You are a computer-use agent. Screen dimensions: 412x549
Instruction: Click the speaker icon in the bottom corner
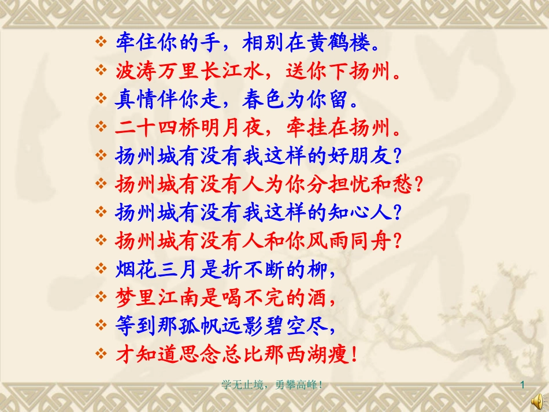coord(536,399)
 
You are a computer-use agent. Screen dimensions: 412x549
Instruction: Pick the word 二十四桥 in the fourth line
coord(148,128)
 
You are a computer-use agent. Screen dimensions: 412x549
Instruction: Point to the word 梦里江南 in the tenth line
coord(148,298)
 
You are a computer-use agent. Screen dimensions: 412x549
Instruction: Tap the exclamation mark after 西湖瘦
coord(353,354)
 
